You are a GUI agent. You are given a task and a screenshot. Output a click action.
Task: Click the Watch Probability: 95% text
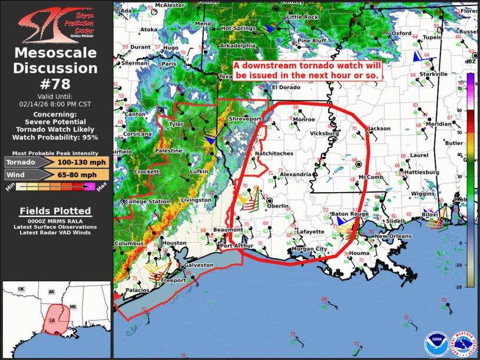57,137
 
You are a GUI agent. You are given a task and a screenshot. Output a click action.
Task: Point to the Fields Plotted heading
55,211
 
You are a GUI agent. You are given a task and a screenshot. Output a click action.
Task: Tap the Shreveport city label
246,118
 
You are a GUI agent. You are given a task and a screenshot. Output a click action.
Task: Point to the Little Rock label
303,17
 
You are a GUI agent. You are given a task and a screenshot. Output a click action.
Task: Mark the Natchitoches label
274,154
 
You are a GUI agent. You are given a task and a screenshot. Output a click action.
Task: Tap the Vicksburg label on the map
323,133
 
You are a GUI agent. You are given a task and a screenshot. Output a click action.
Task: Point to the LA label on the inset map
52,321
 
